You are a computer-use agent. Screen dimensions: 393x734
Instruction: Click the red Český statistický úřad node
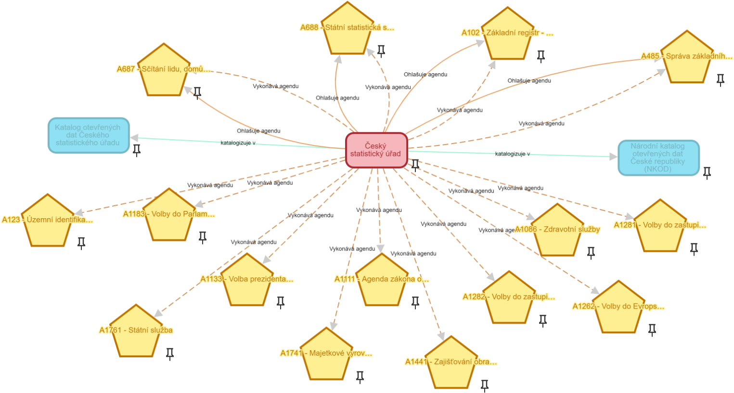point(376,150)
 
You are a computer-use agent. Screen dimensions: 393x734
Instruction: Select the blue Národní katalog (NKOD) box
point(658,157)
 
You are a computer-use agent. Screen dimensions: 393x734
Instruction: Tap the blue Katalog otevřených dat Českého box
point(89,135)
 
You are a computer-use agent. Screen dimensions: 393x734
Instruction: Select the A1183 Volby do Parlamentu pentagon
point(169,217)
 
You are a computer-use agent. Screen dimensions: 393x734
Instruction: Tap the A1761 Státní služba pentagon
point(136,333)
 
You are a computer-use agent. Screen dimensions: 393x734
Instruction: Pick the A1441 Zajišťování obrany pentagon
point(451,365)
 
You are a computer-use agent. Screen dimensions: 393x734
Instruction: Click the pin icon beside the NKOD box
point(707,172)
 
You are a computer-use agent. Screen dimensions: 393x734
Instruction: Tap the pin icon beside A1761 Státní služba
point(170,354)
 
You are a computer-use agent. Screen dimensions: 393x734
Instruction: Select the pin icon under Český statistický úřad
point(415,165)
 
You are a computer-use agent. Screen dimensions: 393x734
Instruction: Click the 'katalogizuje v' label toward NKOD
point(512,154)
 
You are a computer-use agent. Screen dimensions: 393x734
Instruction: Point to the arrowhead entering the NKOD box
point(613,157)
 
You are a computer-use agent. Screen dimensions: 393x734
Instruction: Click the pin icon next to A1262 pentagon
point(652,329)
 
